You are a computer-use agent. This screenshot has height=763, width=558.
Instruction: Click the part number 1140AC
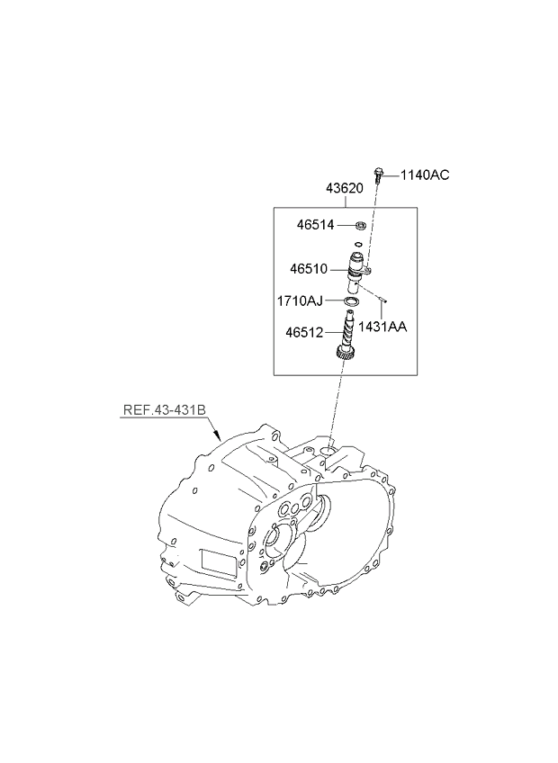(x=425, y=175)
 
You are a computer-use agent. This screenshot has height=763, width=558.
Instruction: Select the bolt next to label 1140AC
(x=378, y=175)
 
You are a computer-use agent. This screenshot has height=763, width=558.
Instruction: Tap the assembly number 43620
(x=345, y=188)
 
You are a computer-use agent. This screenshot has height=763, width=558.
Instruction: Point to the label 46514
(x=316, y=225)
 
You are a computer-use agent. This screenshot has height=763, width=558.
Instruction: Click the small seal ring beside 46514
(x=361, y=225)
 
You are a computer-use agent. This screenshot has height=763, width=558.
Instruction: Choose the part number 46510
(x=309, y=269)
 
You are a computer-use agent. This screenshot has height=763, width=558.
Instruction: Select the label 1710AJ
(x=300, y=301)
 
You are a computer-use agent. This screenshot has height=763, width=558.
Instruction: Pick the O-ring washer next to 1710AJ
(x=352, y=302)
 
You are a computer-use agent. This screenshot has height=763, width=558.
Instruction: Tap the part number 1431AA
(x=382, y=327)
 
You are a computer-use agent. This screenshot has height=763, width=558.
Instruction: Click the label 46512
(x=304, y=332)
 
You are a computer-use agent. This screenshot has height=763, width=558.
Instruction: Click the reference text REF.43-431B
(x=164, y=409)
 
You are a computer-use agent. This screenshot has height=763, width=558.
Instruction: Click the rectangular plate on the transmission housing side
(x=219, y=563)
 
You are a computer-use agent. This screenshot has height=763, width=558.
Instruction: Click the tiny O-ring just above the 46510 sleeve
(x=358, y=244)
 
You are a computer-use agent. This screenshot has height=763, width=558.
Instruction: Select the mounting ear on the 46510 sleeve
(x=369, y=270)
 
